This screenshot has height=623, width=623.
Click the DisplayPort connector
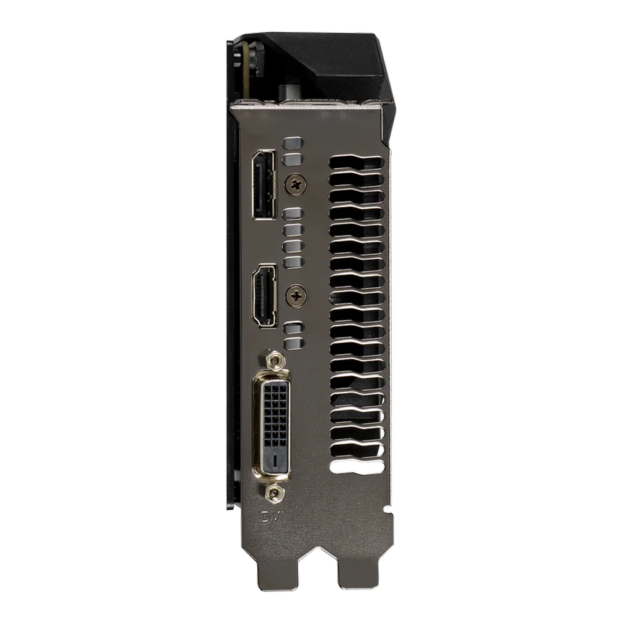(x=264, y=184)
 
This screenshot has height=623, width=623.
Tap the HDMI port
(x=264, y=295)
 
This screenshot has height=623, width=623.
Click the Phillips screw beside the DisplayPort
(x=296, y=184)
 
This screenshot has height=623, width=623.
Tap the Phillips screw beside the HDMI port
(x=296, y=296)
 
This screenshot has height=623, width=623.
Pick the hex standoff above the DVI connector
(x=274, y=361)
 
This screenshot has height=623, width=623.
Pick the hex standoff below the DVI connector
(x=274, y=493)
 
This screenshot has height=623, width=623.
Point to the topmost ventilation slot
(x=356, y=163)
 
